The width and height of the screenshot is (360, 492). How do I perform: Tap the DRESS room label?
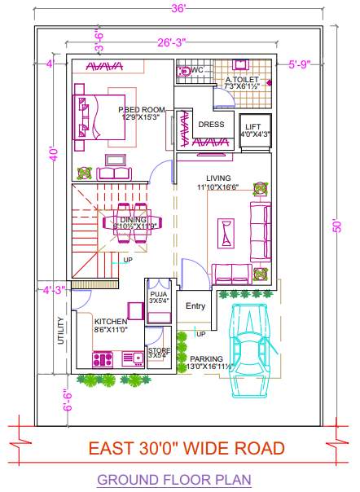pos(211,125)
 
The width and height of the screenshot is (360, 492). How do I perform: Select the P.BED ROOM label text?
pos(142,110)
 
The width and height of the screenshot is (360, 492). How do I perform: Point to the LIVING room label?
pos(217,178)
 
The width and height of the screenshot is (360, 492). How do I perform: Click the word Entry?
pos(195,306)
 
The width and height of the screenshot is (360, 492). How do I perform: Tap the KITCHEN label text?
pos(111,322)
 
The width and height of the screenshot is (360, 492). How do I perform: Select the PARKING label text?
pos(206,358)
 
